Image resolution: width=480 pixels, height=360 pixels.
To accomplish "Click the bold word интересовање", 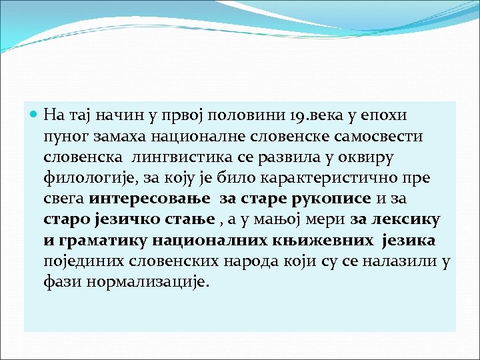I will tap(148, 200).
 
